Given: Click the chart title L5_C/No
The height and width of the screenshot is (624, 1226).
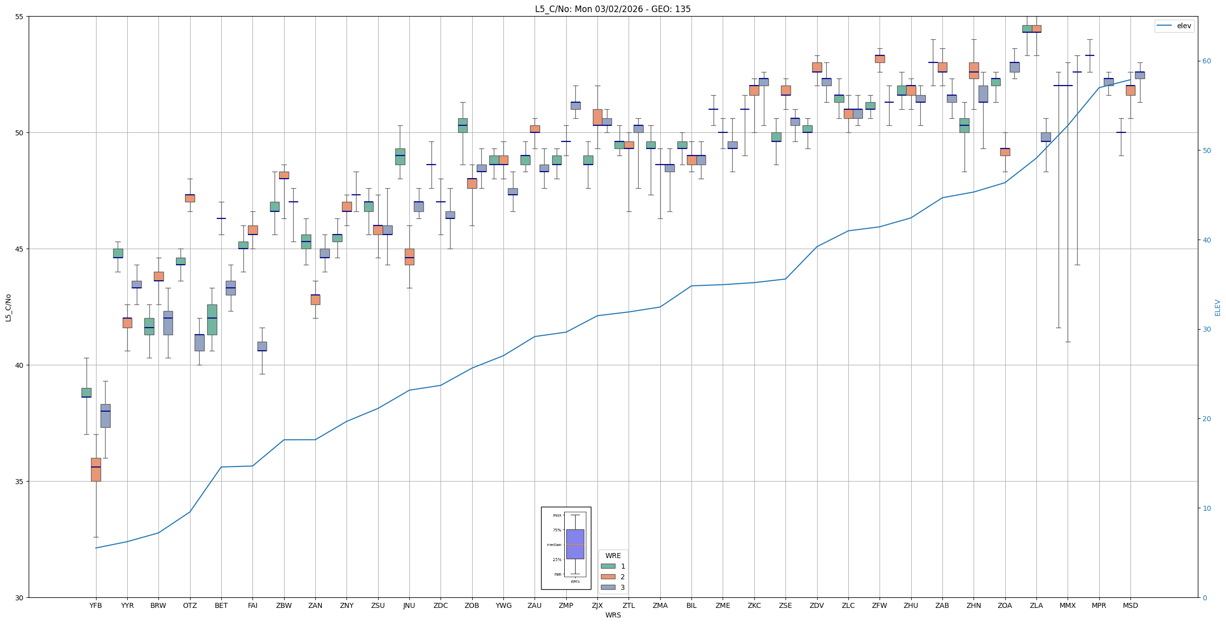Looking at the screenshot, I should click(x=612, y=9).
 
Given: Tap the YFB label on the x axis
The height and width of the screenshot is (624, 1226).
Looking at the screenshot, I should click(x=96, y=605).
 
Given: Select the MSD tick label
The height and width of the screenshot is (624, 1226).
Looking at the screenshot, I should click(x=1130, y=605).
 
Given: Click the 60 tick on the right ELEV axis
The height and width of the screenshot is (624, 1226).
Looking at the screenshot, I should click(x=1206, y=61).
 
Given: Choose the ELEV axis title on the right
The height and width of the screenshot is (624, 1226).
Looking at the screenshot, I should click(x=1217, y=307).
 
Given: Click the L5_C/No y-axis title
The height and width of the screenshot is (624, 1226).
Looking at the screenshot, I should click(x=8, y=307).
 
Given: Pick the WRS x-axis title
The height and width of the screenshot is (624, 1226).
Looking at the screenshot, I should click(x=613, y=615).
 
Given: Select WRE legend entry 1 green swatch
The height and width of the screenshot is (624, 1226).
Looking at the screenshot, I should click(x=608, y=566).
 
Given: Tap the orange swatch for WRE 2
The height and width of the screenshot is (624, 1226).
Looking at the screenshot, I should click(x=608, y=577).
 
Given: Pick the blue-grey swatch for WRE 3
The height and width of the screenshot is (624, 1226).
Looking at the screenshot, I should click(x=608, y=587).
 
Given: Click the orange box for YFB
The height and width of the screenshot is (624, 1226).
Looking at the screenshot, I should click(x=96, y=470).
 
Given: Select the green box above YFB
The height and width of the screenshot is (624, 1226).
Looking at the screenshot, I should click(x=86, y=393).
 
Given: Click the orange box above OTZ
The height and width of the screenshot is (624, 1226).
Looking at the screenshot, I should click(x=190, y=198).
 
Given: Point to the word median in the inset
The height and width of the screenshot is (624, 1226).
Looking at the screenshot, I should click(x=554, y=544).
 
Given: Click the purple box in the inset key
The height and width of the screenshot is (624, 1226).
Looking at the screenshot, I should click(x=575, y=544).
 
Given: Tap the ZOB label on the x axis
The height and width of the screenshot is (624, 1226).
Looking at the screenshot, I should click(x=472, y=605).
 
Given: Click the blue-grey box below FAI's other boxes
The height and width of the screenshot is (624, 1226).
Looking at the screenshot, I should click(x=262, y=346).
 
